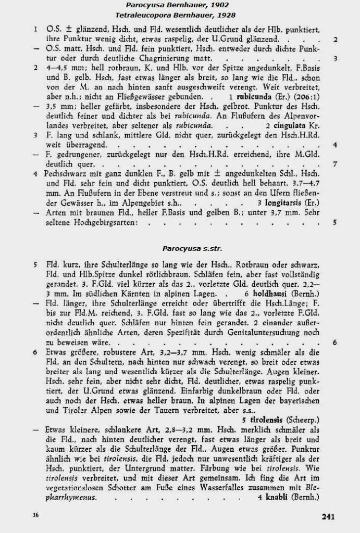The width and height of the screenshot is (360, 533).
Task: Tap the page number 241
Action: click(328, 516)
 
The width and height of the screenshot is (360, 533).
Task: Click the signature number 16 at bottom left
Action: click(35, 515)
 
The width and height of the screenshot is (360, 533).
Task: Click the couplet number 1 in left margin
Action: click(35, 30)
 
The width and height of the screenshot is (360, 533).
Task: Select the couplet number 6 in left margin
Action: click(35, 352)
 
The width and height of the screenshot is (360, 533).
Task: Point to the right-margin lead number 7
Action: click(335, 164)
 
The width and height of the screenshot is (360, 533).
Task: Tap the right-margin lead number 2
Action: click(335, 40)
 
